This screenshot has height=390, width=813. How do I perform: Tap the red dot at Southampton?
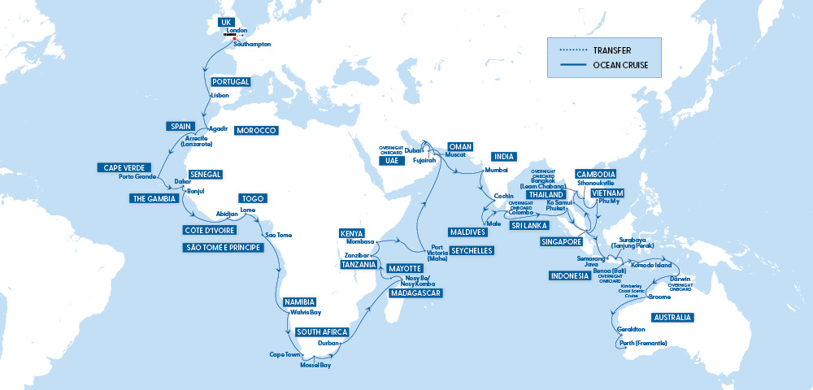235,38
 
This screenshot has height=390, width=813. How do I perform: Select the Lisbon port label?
220,95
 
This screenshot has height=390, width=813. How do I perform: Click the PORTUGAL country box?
230,82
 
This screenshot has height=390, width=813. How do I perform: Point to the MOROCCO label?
256,131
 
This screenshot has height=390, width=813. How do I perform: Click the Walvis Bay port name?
305,312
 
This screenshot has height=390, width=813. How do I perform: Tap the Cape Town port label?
285,354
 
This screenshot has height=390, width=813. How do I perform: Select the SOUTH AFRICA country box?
322,331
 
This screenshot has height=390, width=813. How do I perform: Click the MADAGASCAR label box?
415,292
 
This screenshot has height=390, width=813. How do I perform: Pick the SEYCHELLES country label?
472,251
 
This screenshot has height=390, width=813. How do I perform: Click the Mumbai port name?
496,170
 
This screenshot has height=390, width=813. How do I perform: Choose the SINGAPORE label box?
561,241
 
